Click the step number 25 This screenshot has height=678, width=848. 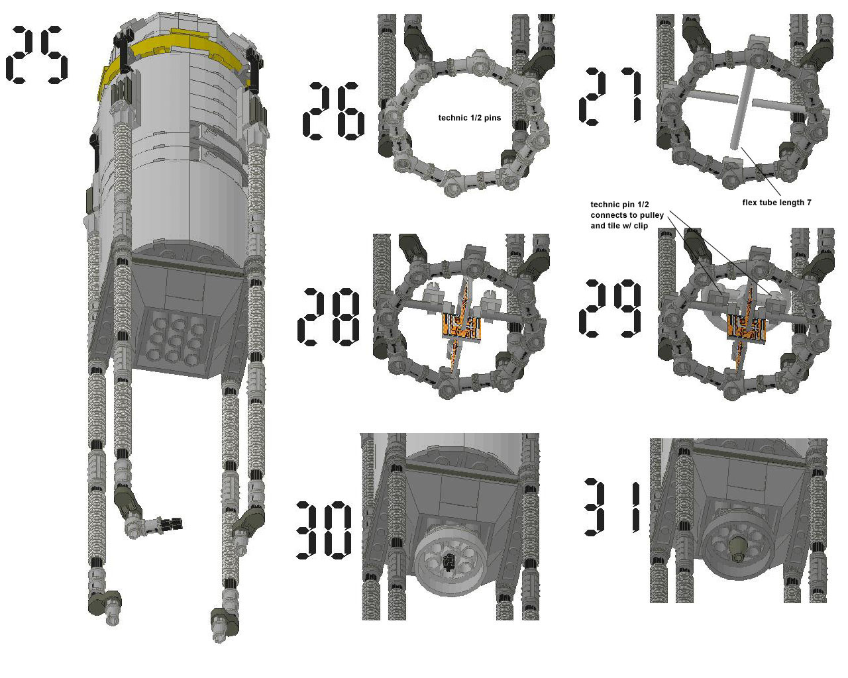tap(37, 55)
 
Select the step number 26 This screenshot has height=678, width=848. tap(333, 111)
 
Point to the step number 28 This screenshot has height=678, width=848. tap(329, 318)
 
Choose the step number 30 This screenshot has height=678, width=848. tap(323, 530)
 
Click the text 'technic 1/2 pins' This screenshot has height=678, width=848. tap(470, 118)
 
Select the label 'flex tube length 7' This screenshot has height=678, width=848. tap(776, 203)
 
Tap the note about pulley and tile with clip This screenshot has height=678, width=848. tap(623, 215)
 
